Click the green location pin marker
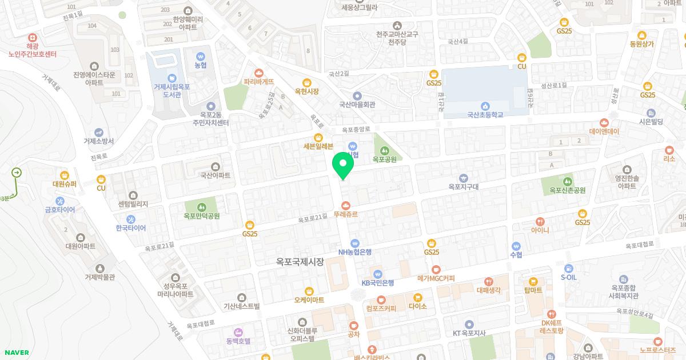pyautogui.click(x=343, y=165)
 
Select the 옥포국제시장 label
pyautogui.click(x=300, y=262)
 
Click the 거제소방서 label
pyautogui.click(x=99, y=141)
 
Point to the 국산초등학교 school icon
pyautogui.click(x=485, y=105)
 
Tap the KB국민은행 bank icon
pyautogui.click(x=377, y=273)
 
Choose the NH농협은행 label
pyautogui.click(x=355, y=252)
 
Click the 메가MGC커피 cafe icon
pyautogui.click(x=436, y=269)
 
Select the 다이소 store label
pyautogui.click(x=418, y=306)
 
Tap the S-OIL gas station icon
pyautogui.click(x=568, y=268)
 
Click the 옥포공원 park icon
pyautogui.click(x=385, y=150)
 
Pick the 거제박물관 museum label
pyautogui.click(x=100, y=277)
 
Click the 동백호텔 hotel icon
pyautogui.click(x=238, y=331)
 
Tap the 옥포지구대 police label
pyautogui.click(x=463, y=186)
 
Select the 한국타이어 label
pyautogui.click(x=131, y=228)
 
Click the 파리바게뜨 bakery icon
pyautogui.click(x=259, y=73)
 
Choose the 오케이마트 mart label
pyautogui.click(x=309, y=299)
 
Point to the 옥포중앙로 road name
pyautogui.click(x=357, y=129)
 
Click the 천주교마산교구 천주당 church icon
pyautogui.click(x=397, y=25)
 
